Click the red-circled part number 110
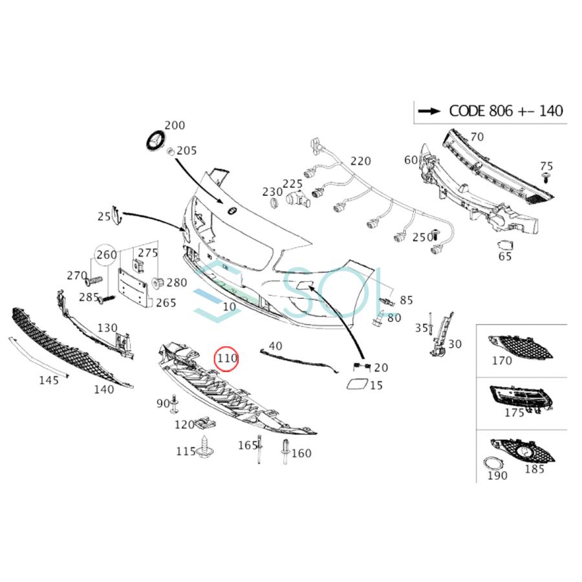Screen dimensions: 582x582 pyautogui.click(x=227, y=358)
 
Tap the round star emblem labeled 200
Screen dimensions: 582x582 pyautogui.click(x=155, y=140)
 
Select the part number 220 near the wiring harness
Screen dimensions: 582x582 pyautogui.click(x=361, y=161)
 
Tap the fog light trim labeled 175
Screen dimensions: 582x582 pyautogui.click(x=521, y=395)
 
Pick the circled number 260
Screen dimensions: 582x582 pyautogui.click(x=107, y=255)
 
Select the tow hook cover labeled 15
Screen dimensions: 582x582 pyautogui.click(x=356, y=385)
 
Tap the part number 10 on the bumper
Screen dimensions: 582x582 pyautogui.click(x=229, y=308)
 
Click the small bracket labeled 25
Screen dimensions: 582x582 pyautogui.click(x=117, y=216)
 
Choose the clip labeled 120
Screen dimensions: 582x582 pyautogui.click(x=204, y=423)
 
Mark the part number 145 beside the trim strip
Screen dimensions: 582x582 pyautogui.click(x=48, y=380)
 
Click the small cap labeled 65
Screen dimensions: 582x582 pyautogui.click(x=505, y=246)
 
